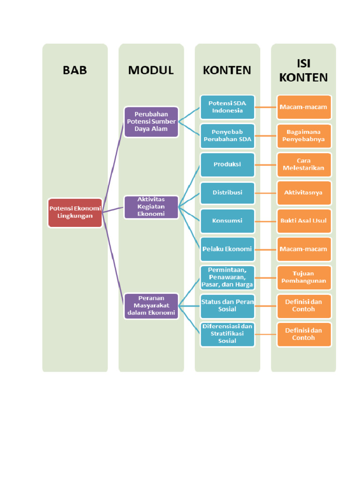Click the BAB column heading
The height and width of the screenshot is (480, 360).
pos(75,70)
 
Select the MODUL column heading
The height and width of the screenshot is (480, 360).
pos(151,70)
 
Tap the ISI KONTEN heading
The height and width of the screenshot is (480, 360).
pos(303,70)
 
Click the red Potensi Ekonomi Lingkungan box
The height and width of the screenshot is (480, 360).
pos(75,212)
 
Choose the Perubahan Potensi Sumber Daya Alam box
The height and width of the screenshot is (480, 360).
pos(151,121)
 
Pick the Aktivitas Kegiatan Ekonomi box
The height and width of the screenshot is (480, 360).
pos(151,207)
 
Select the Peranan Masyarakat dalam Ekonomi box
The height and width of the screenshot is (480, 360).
pos(151,306)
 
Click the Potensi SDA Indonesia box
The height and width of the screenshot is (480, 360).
pos(227,107)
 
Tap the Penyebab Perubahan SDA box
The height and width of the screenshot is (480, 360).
pos(227,135)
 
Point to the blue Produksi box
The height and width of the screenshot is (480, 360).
pos(227,165)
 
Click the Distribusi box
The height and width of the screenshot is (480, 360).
pos(227,193)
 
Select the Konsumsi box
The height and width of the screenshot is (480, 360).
pos(227,221)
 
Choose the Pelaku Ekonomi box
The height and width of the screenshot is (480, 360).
pos(227,249)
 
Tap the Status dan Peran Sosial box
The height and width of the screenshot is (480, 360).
pos(227,306)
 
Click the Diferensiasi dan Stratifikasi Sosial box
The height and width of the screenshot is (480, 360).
pos(227,334)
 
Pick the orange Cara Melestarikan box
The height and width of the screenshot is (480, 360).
pos(304,165)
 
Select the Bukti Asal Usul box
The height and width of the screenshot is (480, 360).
pos(304,221)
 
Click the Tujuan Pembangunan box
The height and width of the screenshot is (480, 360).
pos(304,277)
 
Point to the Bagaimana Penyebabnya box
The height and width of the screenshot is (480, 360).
pos(304,135)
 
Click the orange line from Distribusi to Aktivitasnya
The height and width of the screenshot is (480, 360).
pos(266,193)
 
